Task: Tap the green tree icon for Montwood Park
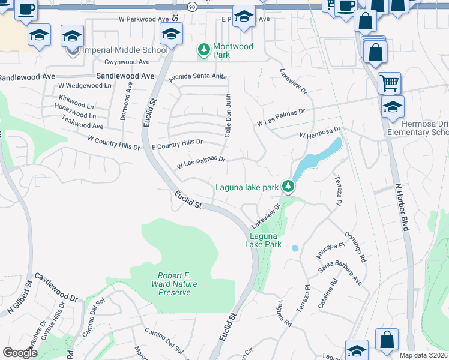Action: tap(205, 49)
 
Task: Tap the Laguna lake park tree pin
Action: tap(288, 187)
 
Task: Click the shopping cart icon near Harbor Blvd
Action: tap(389, 83)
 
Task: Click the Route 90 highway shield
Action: tap(191, 7)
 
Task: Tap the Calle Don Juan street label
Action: tap(228, 115)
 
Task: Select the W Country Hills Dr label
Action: tap(113, 143)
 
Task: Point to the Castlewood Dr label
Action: tap(56, 287)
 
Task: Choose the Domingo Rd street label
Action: tap(355, 247)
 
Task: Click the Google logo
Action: tap(20, 353)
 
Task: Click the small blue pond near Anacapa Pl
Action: tap(295, 248)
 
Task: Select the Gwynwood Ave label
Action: tap(127, 62)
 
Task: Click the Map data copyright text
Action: tap(424, 355)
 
